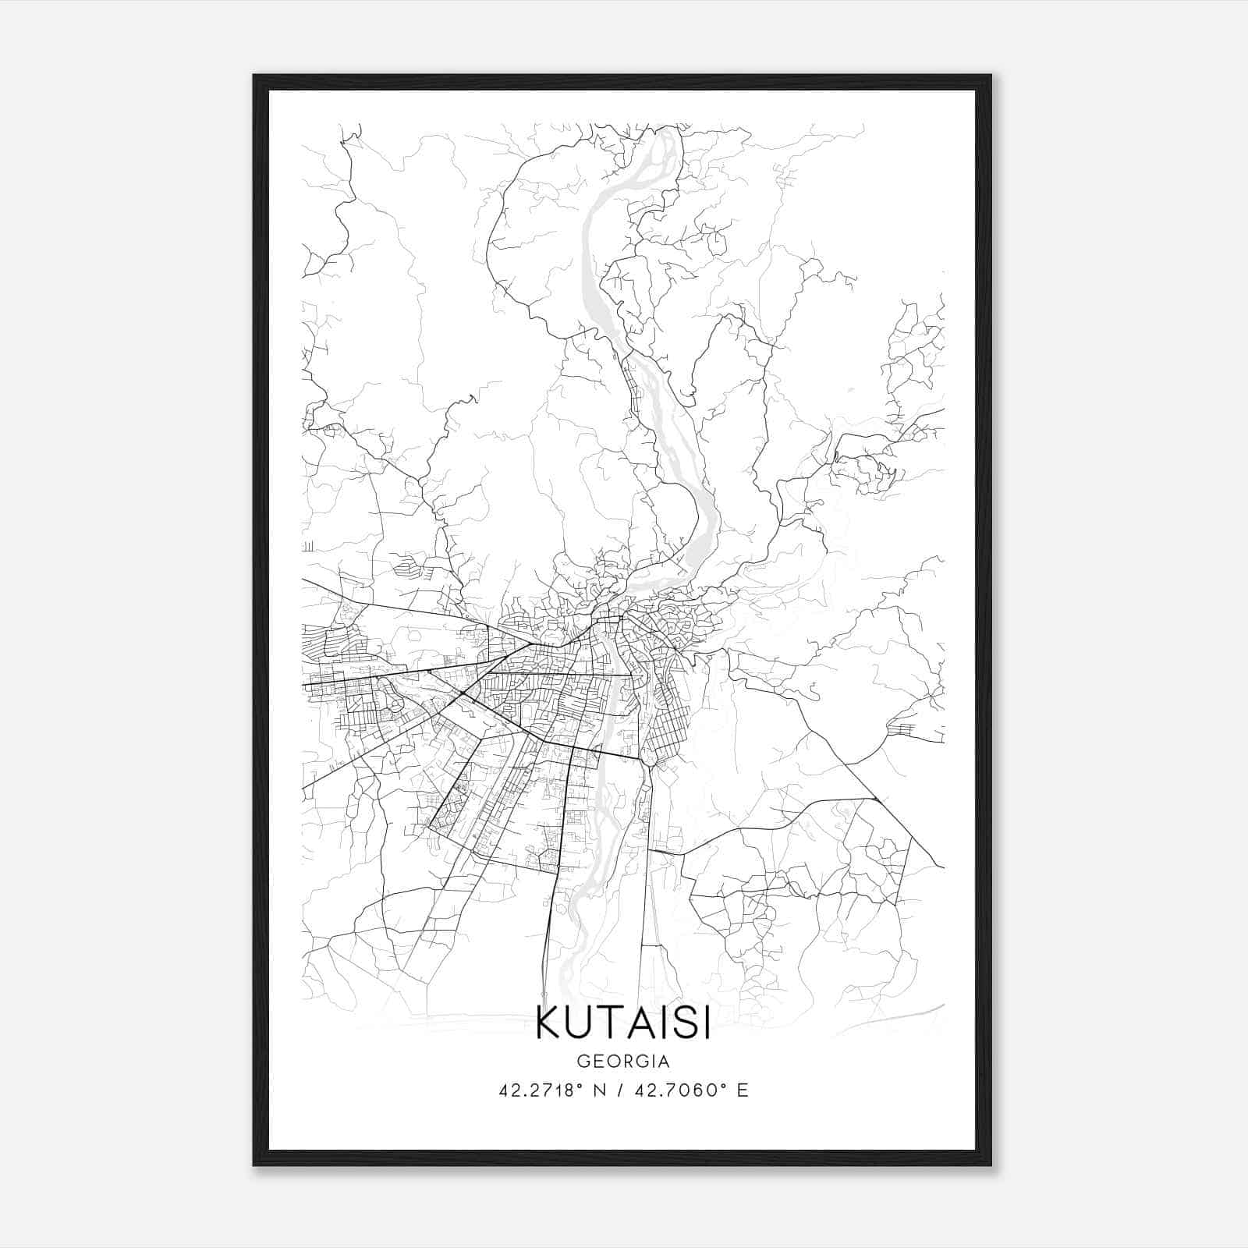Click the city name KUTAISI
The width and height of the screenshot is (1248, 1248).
coord(623,1024)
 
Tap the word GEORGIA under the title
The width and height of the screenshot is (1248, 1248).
coord(623,1062)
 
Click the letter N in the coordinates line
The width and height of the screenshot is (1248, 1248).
coord(599,1090)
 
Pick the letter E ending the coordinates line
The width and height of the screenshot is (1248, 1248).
coord(743,1090)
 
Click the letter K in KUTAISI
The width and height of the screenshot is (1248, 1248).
coord(548,1024)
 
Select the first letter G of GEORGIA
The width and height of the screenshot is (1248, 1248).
coord(582,1062)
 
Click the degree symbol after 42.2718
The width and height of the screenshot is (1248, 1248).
coord(580,1086)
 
